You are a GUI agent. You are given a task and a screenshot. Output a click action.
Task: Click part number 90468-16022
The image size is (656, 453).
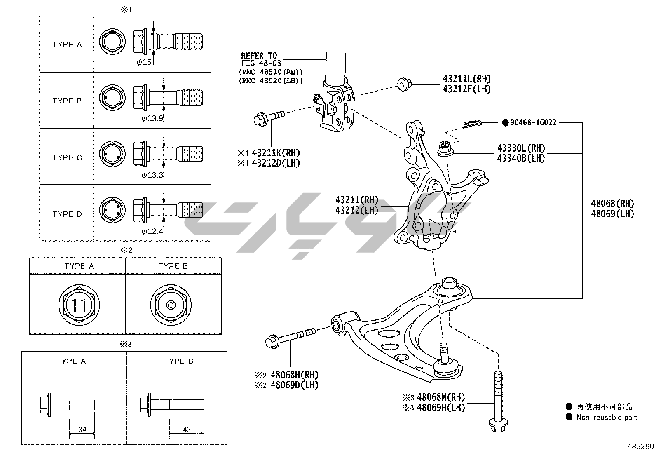[533, 122]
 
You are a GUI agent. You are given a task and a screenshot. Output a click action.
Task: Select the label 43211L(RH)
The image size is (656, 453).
[467, 79]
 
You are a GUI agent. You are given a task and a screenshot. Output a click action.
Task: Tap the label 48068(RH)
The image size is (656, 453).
[612, 203]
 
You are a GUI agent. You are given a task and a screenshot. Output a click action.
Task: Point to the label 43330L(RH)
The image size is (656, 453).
[521, 148]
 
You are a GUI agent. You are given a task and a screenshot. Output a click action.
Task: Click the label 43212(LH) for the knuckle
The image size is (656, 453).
[357, 210]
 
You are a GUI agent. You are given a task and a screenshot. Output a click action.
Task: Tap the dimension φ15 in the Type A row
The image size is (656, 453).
[144, 62]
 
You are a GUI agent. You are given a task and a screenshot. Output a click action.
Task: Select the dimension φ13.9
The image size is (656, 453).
[152, 119]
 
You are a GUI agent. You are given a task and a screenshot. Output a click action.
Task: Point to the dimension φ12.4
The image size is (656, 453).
[152, 231]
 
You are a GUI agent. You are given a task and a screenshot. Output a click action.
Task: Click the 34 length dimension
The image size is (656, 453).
[82, 430]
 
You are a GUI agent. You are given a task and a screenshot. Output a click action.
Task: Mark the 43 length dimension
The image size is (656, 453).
[187, 430]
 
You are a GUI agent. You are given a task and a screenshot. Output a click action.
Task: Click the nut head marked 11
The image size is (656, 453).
[79, 305]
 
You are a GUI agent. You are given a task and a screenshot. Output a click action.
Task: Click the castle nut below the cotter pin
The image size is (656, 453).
[444, 149]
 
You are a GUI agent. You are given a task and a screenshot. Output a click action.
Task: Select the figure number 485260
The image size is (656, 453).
[640, 446]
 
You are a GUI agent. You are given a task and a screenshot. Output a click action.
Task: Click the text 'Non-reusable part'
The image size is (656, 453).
[607, 417]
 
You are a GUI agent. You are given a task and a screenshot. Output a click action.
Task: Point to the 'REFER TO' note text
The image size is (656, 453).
[259, 56]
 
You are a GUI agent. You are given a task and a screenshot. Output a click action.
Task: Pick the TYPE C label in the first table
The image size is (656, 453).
[67, 157]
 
